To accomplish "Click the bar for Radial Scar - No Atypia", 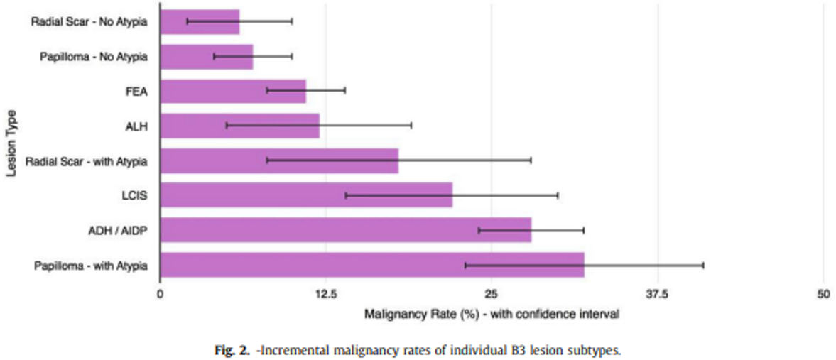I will tap(200, 21).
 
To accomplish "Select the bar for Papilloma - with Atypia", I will tap(371, 265).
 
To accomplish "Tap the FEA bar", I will tap(233, 91).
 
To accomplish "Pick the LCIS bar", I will tap(306, 195).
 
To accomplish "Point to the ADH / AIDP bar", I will tap(345, 230).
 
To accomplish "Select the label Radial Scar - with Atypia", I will tap(86, 161).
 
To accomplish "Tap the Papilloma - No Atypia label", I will tap(93, 57).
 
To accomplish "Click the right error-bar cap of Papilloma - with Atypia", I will tap(703, 265).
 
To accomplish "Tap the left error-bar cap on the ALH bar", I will tap(227, 126).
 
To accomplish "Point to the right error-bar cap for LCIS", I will tap(558, 195).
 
